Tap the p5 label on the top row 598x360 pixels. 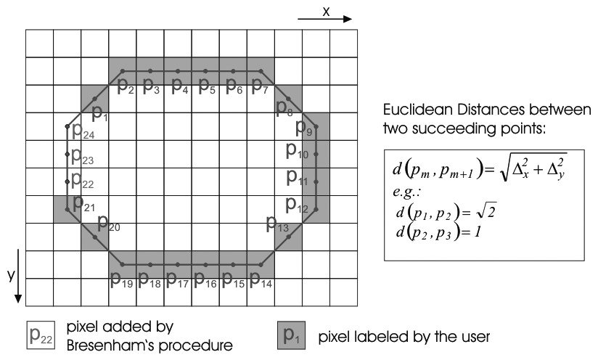tap(207, 88)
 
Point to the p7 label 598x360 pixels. tap(261, 88)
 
